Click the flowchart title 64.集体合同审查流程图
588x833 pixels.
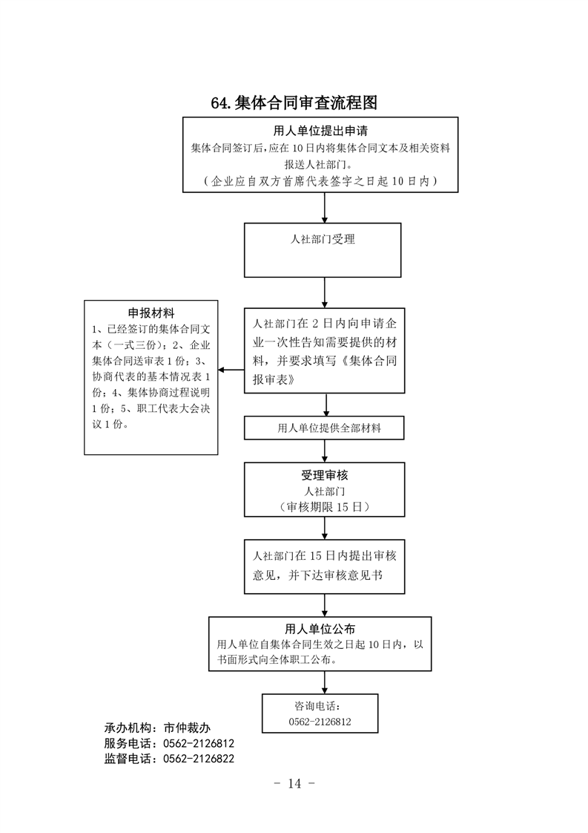[294, 102]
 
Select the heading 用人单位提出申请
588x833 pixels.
[320, 131]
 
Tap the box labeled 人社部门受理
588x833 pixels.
[323, 250]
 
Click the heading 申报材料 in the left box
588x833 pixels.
[151, 313]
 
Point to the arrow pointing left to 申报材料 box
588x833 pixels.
[231, 370]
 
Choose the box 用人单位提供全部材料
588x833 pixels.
[324, 428]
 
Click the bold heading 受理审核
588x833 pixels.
[325, 475]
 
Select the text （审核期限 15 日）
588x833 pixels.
[325, 507]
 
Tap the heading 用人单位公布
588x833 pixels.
[320, 629]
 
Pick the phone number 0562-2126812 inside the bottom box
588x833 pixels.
[320, 722]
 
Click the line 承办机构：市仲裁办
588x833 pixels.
[158, 728]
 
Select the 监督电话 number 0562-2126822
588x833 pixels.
[199, 759]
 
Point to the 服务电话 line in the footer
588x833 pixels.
[169, 743]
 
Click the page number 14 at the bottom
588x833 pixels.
[294, 783]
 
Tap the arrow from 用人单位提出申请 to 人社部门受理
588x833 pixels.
[325, 208]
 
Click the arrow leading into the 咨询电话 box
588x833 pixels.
[325, 682]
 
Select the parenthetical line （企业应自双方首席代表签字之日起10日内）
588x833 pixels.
[320, 181]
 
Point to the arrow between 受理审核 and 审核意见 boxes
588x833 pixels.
[325, 528]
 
